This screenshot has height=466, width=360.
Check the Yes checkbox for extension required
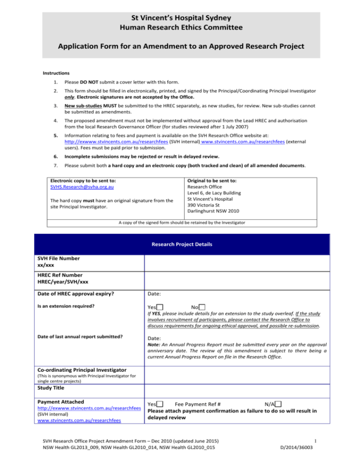[160, 307]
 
